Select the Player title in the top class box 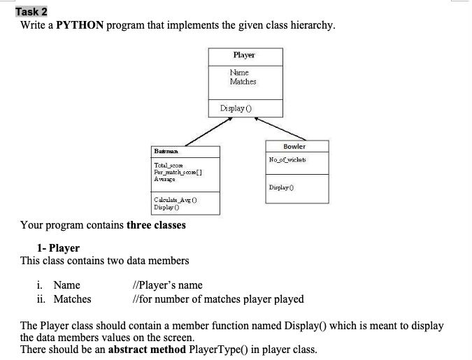click(x=244, y=55)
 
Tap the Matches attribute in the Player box click(x=243, y=82)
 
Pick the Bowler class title click(x=294, y=146)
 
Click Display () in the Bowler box click(x=280, y=187)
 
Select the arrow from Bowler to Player click(x=279, y=128)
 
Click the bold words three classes click(x=156, y=225)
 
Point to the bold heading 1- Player click(x=58, y=248)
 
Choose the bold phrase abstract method click(x=143, y=350)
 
